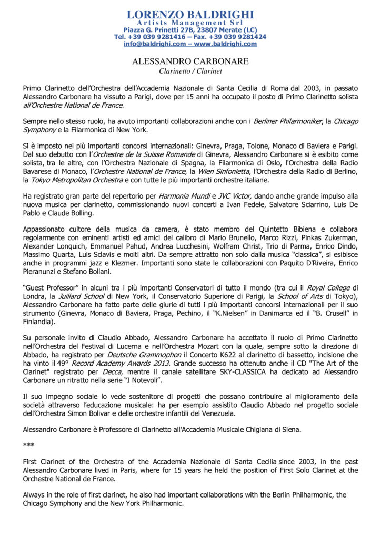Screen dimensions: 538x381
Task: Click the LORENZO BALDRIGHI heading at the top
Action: [x=190, y=14]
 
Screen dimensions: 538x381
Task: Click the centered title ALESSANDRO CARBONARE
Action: [x=190, y=61]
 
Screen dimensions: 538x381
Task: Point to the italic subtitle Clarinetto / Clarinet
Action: [x=190, y=71]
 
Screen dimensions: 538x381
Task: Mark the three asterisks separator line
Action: [x=28, y=445]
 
